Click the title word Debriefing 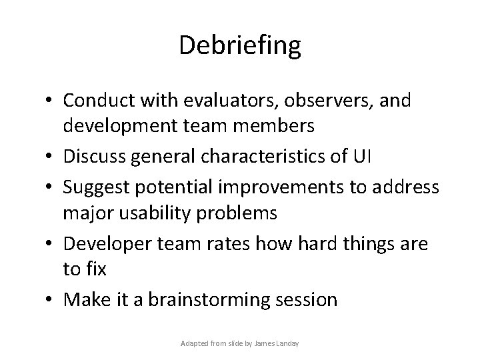[240, 46]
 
